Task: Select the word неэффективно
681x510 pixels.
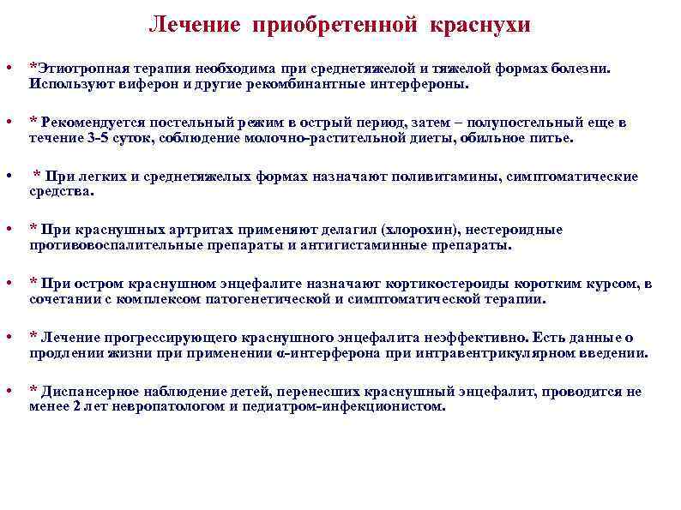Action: [475, 338]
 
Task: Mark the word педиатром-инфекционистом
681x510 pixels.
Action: [343, 407]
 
